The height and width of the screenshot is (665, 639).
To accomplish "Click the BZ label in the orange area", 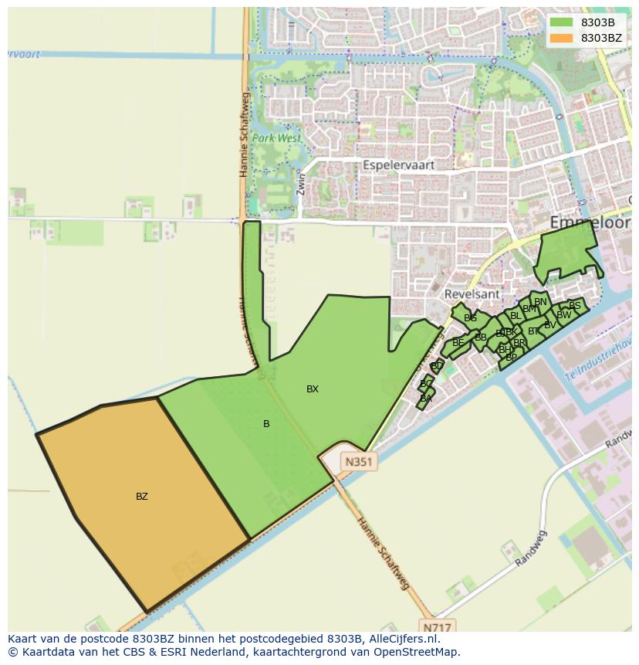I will click(142, 497).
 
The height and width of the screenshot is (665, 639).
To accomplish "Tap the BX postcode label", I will click(313, 389).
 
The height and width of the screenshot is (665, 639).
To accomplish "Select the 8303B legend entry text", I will click(598, 22).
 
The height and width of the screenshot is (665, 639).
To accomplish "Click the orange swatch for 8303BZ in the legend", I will click(562, 37).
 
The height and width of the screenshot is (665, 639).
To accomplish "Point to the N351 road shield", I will click(359, 462).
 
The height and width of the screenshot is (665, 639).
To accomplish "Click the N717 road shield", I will click(436, 626).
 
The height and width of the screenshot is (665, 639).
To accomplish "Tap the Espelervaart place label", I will click(399, 165).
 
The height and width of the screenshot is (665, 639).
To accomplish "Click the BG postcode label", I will click(470, 318).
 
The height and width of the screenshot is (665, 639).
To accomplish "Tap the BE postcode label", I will click(458, 343).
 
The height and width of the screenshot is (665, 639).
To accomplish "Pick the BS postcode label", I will click(574, 306).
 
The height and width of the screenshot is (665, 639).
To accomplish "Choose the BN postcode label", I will click(540, 302).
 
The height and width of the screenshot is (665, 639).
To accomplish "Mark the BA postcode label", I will click(426, 399).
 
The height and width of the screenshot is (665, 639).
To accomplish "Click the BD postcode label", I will click(437, 366).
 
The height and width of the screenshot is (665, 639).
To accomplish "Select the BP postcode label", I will click(511, 358).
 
